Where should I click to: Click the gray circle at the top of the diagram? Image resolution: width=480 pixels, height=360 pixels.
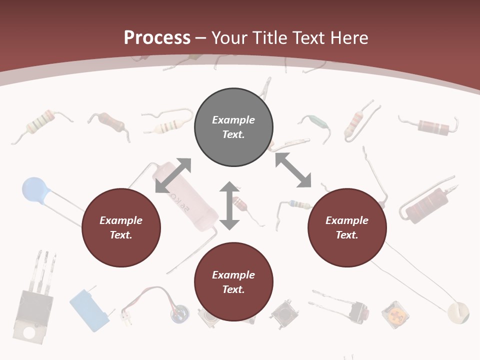[x=233, y=127]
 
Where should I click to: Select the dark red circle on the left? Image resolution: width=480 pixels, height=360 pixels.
[x=121, y=228]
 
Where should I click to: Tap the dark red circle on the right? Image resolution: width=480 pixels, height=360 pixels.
[x=347, y=228]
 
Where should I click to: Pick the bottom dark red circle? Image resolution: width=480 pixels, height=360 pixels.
[x=233, y=282]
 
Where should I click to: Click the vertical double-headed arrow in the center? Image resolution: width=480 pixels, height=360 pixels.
[x=229, y=205]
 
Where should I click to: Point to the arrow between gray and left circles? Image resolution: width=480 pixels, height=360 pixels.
[x=173, y=175]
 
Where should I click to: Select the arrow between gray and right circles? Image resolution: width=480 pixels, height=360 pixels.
[x=293, y=170]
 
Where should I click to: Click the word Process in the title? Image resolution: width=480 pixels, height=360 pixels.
[x=157, y=37]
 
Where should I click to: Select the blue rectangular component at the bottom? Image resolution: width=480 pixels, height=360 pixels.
[x=89, y=309]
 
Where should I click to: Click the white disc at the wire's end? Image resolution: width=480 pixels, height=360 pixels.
[x=458, y=312]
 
